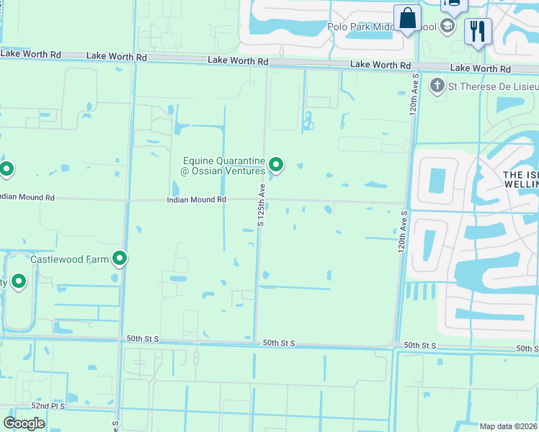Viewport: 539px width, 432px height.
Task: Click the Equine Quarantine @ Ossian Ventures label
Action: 224,166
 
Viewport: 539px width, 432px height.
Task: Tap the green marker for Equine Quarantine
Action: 276,166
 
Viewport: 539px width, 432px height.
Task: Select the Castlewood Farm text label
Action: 69,258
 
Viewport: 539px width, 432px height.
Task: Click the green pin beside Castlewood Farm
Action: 120,258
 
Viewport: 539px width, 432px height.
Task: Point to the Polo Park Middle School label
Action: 382,27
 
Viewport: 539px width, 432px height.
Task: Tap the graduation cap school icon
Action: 448,27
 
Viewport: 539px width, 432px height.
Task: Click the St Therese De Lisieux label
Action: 485,87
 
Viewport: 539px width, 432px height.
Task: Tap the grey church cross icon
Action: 437,86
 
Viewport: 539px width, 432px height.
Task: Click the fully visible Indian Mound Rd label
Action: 197,199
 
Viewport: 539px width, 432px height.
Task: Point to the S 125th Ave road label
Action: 262,205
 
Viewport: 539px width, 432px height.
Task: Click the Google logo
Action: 24,423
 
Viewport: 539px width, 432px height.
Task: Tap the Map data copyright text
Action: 509,426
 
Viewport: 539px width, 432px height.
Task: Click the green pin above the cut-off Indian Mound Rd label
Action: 6,170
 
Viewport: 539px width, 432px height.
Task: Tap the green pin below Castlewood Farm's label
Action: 18,282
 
